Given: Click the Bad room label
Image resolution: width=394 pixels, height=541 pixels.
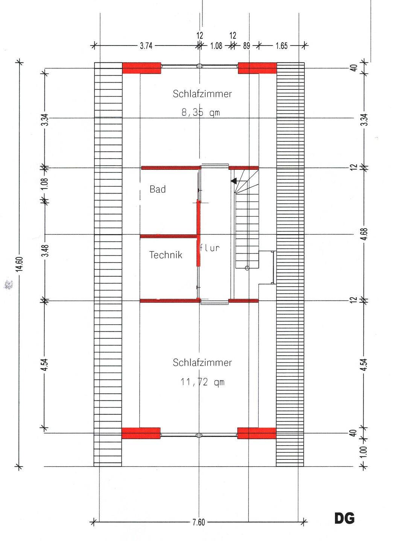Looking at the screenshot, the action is point(158,189).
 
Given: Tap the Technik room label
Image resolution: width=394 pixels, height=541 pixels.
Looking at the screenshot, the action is point(166,255).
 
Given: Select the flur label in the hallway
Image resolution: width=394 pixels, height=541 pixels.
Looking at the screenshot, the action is point(210,248).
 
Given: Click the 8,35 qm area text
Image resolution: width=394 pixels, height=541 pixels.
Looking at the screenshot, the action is point(201,113).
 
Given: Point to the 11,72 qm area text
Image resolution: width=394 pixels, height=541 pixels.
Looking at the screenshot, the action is point(203,382).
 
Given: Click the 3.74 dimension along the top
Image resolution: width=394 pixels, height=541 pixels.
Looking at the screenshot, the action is point(146,46).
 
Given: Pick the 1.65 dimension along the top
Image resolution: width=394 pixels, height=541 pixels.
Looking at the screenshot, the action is point(282,46).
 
